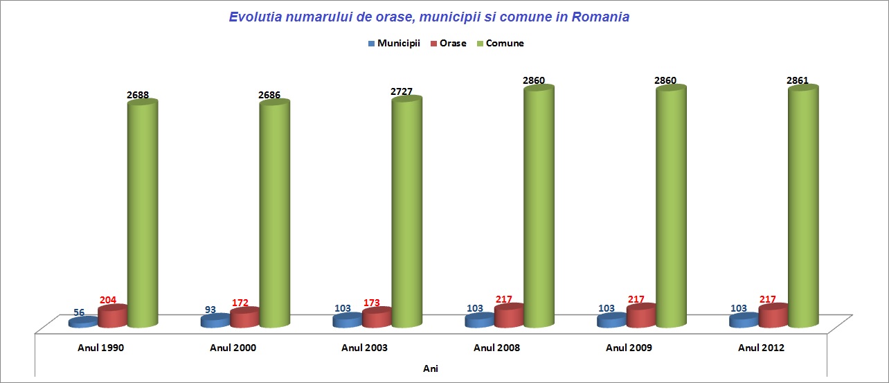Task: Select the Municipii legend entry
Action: [394, 43]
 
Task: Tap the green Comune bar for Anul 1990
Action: [143, 215]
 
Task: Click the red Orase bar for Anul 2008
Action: [509, 317]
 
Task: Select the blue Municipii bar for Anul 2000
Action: [215, 321]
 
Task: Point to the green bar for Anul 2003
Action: [407, 211]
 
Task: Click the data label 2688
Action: [138, 95]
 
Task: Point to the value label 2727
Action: [403, 91]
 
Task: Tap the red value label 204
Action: [107, 301]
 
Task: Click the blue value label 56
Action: [79, 312]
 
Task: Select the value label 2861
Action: [798, 81]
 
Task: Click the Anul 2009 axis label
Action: [629, 348]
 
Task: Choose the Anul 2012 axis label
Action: [761, 348]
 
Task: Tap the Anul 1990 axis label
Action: [100, 348]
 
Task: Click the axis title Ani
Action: [431, 368]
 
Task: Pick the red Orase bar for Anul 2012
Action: [773, 316]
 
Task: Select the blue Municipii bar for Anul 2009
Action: [611, 321]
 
